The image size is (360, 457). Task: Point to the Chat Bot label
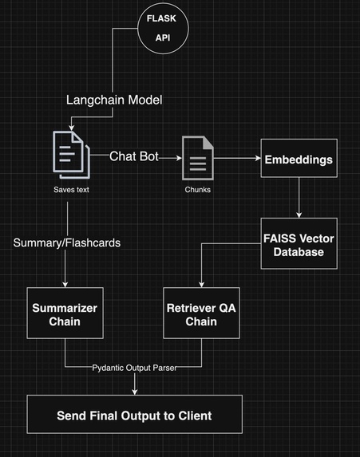tap(135, 157)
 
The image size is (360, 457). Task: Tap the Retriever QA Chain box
tap(200, 313)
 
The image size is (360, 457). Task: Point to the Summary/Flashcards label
tap(67, 242)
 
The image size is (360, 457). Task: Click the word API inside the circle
tap(169, 37)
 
